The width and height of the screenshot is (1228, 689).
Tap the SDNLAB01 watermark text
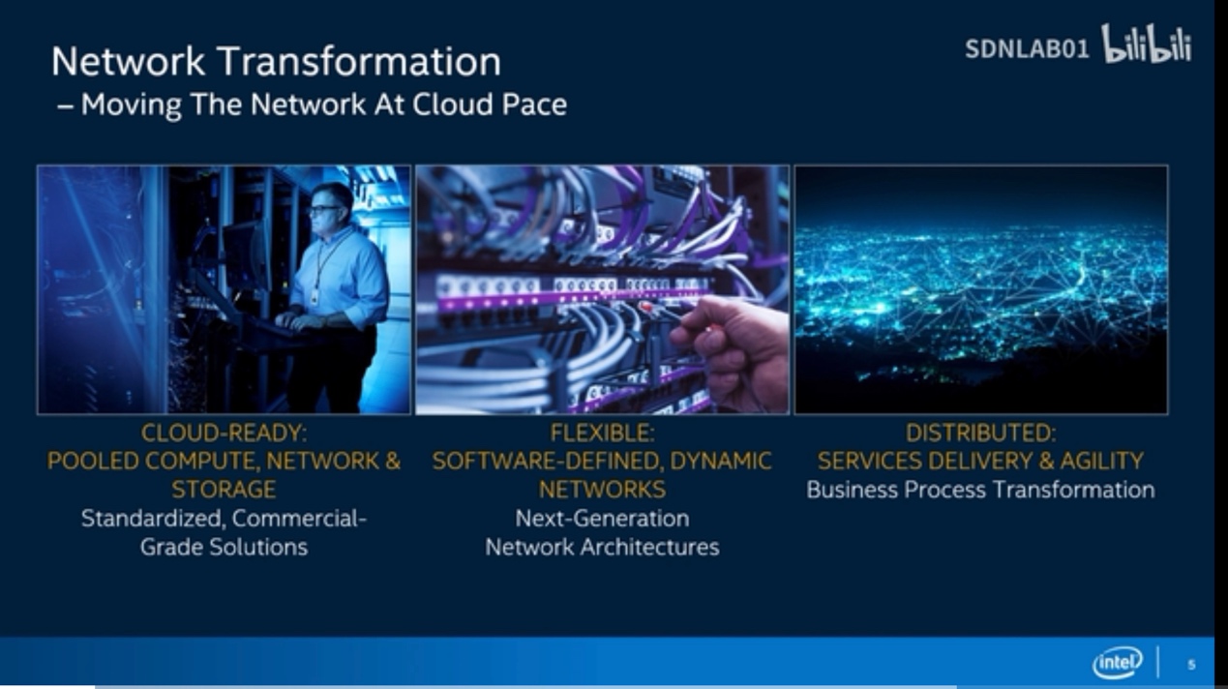1027,49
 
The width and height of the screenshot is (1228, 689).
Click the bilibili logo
1147,44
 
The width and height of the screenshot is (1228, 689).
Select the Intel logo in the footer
1118,662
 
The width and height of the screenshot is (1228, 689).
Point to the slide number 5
1191,665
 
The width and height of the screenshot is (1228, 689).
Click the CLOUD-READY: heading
224,433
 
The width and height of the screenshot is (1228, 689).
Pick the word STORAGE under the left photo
224,489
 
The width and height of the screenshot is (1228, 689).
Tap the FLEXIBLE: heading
602,433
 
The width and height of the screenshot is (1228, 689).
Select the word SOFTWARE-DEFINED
549,461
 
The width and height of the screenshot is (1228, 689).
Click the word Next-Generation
602,519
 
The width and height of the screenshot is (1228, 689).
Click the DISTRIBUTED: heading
980,433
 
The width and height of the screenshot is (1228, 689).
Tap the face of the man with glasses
327,207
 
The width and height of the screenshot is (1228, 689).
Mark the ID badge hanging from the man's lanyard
314,296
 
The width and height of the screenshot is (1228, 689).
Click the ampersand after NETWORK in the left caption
393,461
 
